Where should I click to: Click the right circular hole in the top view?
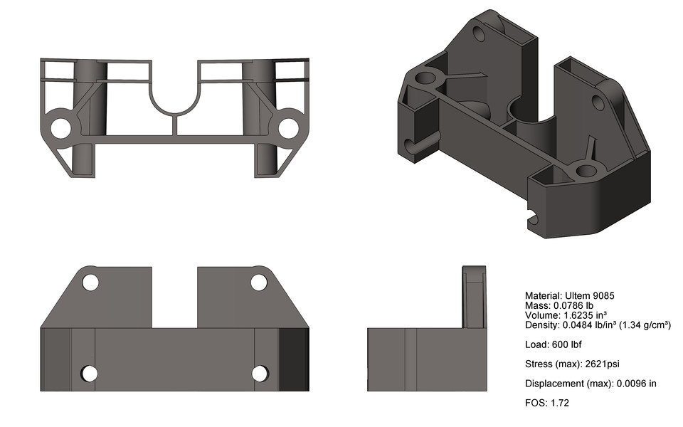pos(287,127)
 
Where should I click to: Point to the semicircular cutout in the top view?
pos(174,100)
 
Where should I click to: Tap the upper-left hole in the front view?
pos(90,282)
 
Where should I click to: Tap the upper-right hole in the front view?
pos(258,282)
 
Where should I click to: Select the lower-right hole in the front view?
pos(260,373)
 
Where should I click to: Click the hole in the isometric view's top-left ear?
pos(478,35)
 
